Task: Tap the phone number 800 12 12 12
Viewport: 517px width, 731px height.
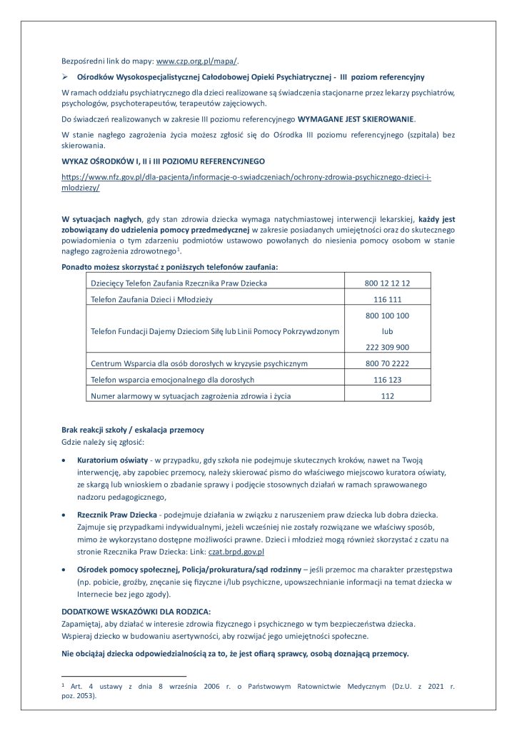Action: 387,283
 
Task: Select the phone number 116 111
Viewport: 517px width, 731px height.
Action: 387,300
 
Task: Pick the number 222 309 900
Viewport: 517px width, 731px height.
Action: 387,348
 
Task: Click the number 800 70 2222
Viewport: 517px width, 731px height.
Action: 387,363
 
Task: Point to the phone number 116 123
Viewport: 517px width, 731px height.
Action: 387,380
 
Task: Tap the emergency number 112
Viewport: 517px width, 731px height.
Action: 387,395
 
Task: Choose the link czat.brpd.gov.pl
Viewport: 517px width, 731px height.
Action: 236,552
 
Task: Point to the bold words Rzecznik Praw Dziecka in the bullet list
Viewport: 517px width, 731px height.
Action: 117,515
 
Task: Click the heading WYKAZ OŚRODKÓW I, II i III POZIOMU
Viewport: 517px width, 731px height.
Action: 164,161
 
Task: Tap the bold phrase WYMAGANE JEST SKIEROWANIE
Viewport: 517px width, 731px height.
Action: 353,119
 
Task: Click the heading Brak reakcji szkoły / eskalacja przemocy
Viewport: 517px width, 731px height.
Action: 133,430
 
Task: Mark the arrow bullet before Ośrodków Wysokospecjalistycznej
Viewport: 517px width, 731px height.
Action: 65,76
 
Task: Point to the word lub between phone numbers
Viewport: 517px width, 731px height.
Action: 387,331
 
